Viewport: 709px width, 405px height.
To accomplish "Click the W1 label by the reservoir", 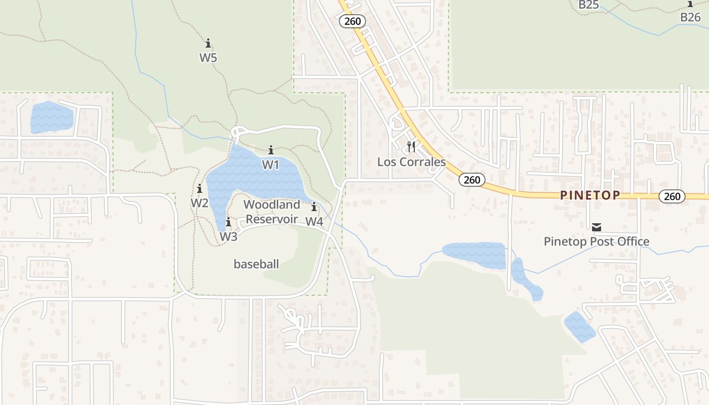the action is click(x=271, y=165).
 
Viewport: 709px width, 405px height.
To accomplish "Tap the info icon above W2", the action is click(x=200, y=189).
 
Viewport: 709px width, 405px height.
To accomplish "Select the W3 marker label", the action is click(x=228, y=236).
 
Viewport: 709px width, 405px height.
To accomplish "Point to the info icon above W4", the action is click(x=314, y=207).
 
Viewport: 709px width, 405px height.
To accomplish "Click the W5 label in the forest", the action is click(x=208, y=57).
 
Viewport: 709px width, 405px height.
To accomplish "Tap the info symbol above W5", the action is click(x=208, y=44).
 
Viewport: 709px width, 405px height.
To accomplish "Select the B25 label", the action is click(x=588, y=5).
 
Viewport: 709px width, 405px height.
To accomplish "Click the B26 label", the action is click(x=690, y=17).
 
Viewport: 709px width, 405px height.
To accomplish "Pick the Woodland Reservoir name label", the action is click(x=271, y=212).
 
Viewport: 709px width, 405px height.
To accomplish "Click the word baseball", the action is click(x=256, y=264).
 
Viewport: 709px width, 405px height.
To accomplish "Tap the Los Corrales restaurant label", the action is click(x=412, y=162).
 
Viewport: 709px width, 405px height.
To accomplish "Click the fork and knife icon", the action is click(x=411, y=147).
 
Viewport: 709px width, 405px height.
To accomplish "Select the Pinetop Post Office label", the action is click(x=597, y=241).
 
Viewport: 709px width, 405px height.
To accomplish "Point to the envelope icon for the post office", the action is click(x=597, y=227).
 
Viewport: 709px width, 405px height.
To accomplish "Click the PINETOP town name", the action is click(x=590, y=195).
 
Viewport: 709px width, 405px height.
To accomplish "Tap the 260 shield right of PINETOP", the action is click(x=672, y=196).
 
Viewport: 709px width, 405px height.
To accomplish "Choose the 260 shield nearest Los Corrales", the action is click(x=472, y=180).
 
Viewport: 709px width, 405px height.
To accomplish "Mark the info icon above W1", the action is click(x=271, y=150).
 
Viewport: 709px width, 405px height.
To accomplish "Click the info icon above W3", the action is click(x=228, y=222).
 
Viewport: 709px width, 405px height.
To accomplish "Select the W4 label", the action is click(x=314, y=221).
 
